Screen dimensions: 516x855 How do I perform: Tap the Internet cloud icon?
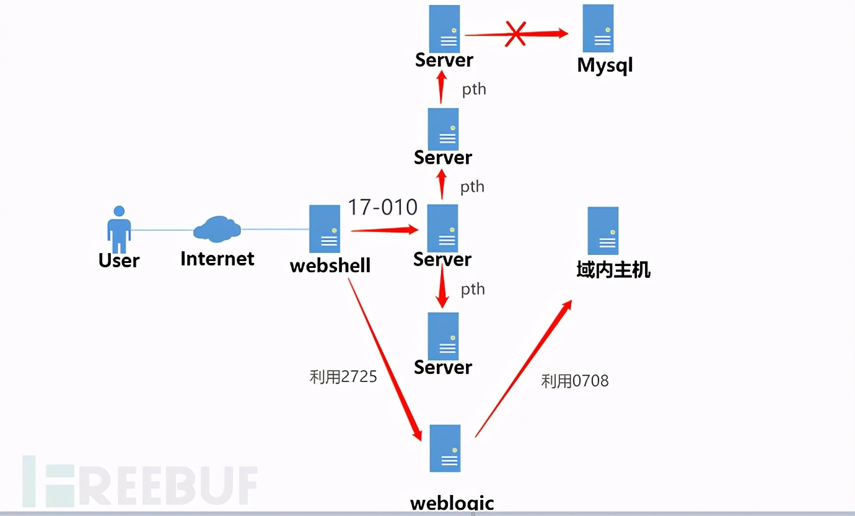click(217, 229)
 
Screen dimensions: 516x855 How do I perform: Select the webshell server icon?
click(325, 229)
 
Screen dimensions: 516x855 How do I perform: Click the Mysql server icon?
click(598, 29)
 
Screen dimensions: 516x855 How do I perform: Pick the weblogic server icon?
click(445, 449)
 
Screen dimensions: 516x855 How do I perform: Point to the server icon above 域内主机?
click(603, 231)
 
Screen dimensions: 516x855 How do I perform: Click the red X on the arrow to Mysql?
click(515, 34)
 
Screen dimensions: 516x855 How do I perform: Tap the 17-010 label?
click(382, 207)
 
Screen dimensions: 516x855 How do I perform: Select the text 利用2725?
click(343, 376)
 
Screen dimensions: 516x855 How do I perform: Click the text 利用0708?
click(575, 381)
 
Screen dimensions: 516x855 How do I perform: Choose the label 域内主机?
click(613, 270)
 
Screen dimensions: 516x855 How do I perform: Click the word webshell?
click(330, 265)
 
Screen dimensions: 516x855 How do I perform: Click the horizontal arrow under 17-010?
click(384, 230)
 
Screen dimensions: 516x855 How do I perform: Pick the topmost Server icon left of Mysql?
click(444, 29)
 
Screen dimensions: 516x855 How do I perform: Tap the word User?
click(119, 260)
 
